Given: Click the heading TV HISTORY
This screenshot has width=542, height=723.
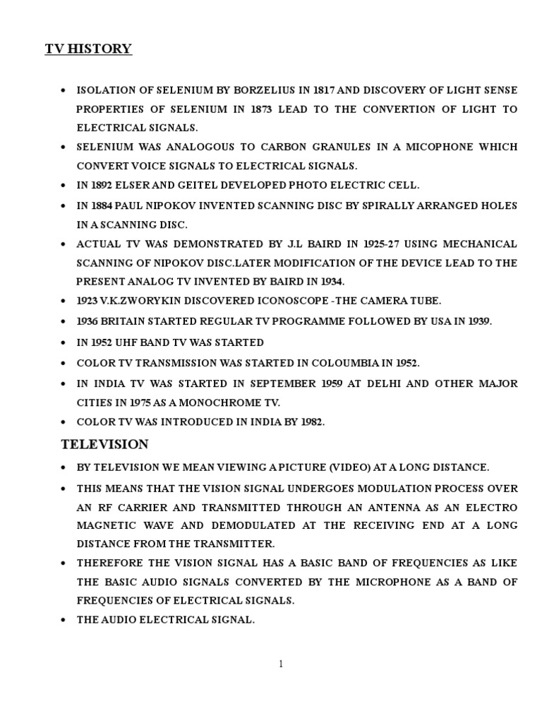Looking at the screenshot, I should tap(89, 49).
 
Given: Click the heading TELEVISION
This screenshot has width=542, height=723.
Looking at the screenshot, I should tap(104, 444).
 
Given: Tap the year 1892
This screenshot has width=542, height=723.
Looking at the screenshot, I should tap(104, 186).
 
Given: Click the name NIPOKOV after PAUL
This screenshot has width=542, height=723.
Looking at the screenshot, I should tap(183, 205).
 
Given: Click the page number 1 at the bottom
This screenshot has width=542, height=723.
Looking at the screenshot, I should tap(281, 663).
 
